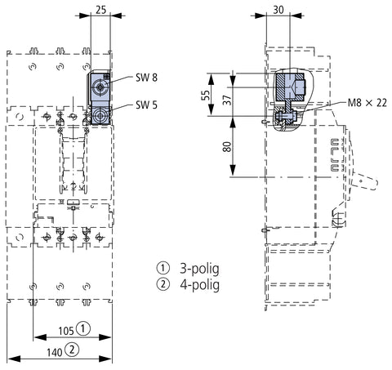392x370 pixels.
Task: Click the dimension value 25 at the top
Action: (100, 10)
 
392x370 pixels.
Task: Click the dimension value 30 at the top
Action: (278, 10)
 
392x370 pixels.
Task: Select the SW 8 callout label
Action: (146, 78)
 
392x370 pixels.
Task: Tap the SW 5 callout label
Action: (146, 105)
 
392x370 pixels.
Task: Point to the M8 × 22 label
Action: (367, 103)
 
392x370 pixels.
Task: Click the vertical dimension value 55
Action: (206, 95)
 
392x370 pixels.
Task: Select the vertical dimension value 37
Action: (228, 100)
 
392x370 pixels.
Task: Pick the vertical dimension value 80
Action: (227, 147)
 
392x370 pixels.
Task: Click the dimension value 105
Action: (66, 331)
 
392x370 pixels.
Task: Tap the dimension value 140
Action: (55, 353)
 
